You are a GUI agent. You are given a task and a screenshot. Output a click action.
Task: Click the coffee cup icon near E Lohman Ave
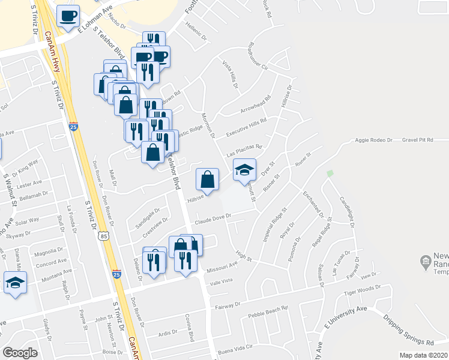click(x=68, y=16)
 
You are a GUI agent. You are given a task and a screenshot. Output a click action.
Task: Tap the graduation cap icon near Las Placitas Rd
click(x=244, y=170)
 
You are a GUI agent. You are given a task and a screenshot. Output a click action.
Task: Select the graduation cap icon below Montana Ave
click(x=15, y=283)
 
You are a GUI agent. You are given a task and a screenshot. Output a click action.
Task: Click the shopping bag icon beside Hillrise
click(x=207, y=179)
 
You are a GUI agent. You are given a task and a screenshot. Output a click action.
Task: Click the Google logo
click(x=20, y=353)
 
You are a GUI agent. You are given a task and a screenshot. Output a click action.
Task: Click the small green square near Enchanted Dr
click(x=329, y=173)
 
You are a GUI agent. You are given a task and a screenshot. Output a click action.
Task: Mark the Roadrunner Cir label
click(x=262, y=56)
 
